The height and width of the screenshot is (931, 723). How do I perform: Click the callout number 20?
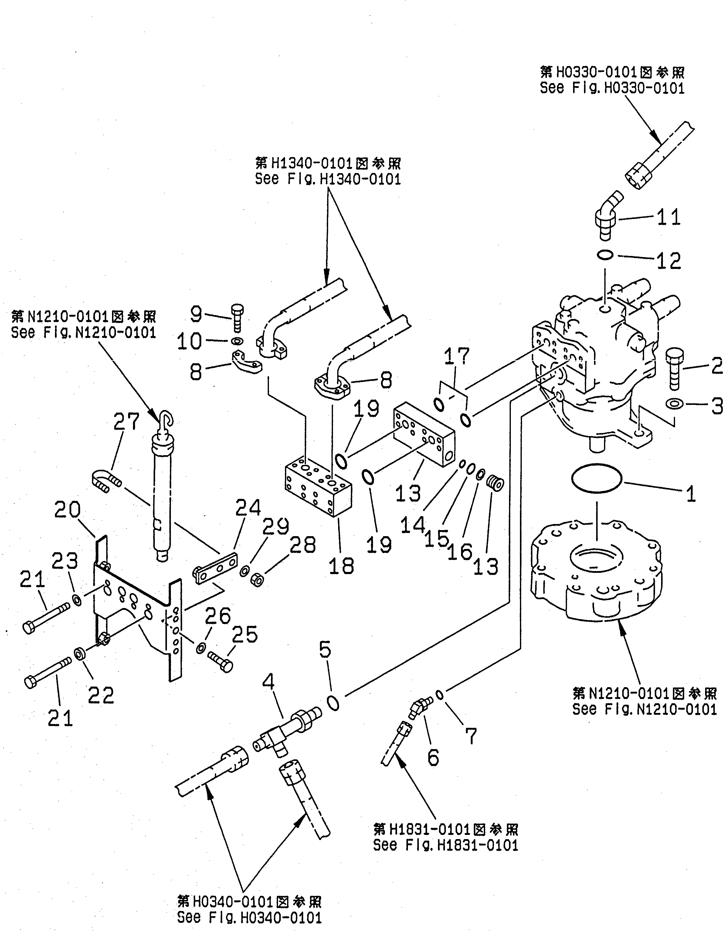[67, 510]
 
